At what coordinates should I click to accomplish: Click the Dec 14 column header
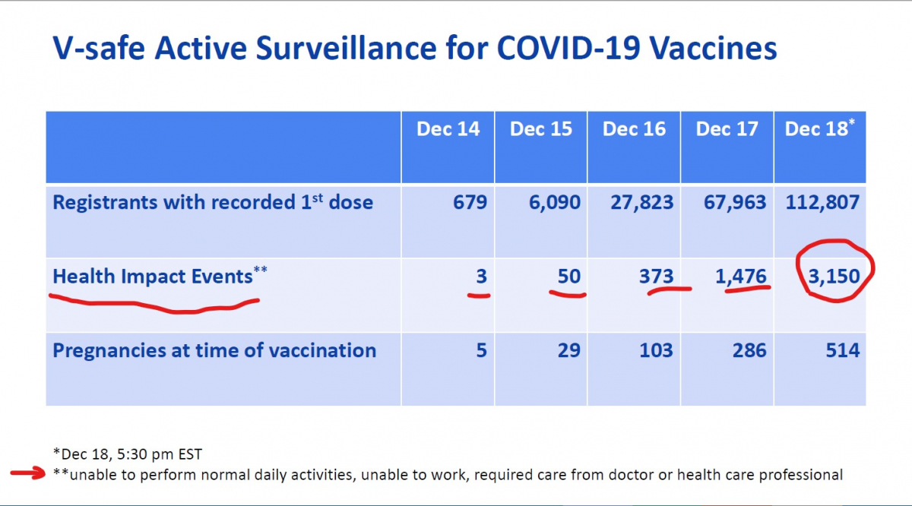tap(448, 129)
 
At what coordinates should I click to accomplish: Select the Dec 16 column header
tap(634, 129)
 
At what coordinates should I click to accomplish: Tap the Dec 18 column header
tap(819, 128)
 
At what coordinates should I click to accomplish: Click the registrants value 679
tap(470, 202)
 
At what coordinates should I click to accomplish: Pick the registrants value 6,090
tap(555, 203)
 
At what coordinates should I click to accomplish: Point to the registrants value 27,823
tap(642, 203)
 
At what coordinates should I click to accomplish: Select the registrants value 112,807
tap(822, 203)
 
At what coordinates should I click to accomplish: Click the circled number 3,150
tap(834, 277)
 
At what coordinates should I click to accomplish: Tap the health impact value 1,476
tap(741, 277)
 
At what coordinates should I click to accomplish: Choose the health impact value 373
tap(657, 277)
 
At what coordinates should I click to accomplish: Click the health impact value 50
tap(568, 277)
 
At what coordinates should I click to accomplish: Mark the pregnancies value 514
tap(843, 350)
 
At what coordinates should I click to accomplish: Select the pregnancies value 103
tap(657, 350)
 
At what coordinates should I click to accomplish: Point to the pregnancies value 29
tap(568, 350)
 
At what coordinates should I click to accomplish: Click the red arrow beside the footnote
tap(27, 473)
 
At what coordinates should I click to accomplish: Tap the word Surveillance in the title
tap(347, 49)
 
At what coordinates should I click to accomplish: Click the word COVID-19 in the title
tap(568, 49)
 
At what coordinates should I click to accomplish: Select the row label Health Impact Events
tap(160, 276)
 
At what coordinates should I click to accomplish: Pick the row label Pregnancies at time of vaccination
tap(214, 351)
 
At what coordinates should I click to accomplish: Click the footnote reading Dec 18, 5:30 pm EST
tap(128, 454)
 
